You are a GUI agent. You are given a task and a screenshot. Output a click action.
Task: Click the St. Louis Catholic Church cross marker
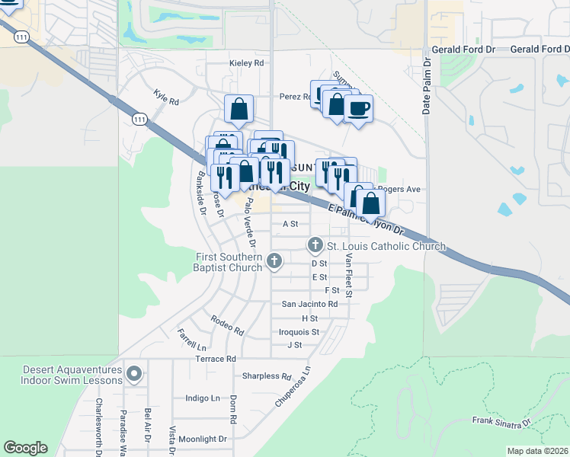(x=315, y=245)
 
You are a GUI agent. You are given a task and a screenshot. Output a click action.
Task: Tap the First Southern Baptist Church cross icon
(x=274, y=262)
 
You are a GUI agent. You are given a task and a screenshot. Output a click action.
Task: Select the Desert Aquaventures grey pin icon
(x=135, y=373)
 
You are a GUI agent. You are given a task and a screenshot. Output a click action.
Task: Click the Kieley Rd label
(x=246, y=63)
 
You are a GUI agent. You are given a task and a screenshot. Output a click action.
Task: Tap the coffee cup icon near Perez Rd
(x=357, y=108)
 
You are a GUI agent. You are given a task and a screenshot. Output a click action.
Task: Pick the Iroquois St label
(x=299, y=332)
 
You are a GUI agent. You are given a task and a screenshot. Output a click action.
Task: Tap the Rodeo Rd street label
(x=227, y=326)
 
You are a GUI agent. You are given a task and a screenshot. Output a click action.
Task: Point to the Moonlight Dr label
(x=202, y=439)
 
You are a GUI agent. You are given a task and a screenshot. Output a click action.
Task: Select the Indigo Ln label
(x=203, y=398)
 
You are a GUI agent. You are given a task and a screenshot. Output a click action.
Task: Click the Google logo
(x=25, y=447)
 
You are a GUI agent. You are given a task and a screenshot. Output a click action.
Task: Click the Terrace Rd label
(x=216, y=358)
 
